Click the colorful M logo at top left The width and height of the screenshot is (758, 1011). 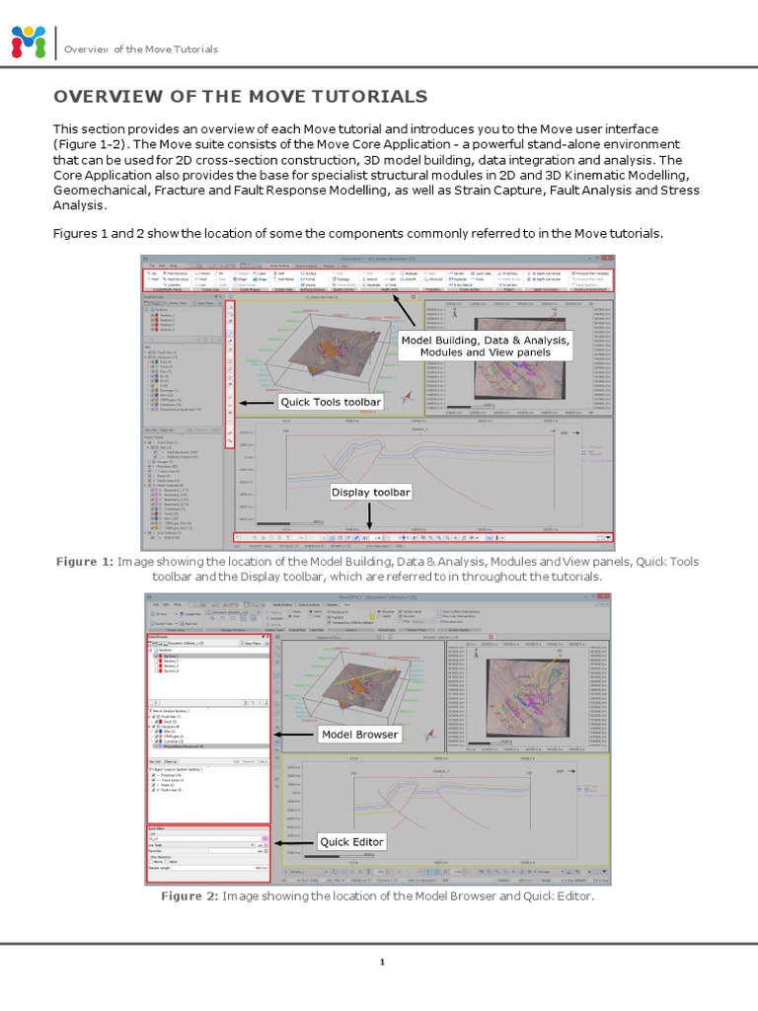pos(28,42)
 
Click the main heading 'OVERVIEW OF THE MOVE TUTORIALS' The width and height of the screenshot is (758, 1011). pos(241,96)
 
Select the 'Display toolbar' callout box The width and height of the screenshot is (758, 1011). pos(370,492)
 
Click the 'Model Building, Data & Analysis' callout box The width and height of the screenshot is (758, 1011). pos(485,345)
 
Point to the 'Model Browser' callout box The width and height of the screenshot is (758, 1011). pos(359,735)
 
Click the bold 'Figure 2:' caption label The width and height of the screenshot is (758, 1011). pos(189,895)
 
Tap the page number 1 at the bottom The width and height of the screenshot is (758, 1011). pos(379,961)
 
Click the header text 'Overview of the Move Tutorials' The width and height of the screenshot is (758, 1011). pos(141,49)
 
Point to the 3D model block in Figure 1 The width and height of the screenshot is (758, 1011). pos(326,346)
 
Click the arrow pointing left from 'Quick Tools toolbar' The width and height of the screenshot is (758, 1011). pos(257,403)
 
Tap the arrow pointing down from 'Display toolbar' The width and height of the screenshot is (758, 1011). pos(370,518)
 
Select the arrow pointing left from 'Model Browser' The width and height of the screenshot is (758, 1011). pos(294,735)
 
